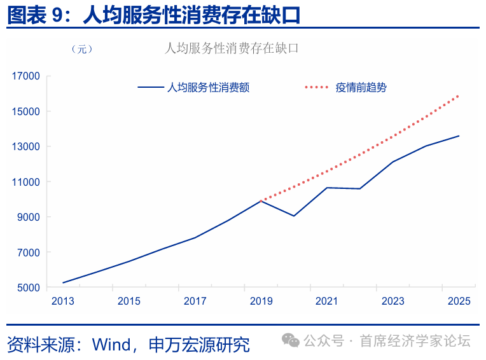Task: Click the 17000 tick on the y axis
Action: [x=25, y=76]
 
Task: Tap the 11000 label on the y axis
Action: [x=25, y=182]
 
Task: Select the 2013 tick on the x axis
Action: [x=64, y=301]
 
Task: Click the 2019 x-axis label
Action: [x=261, y=301]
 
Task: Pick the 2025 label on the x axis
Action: [x=459, y=301]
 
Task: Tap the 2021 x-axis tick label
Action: [x=327, y=301]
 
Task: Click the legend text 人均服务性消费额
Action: [x=208, y=88]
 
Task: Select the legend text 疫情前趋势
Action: [x=361, y=88]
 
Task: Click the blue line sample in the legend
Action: [x=150, y=88]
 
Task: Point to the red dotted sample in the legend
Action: [x=317, y=88]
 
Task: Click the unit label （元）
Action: [x=82, y=49]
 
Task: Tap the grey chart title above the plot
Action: [x=232, y=48]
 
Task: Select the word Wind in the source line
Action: [x=111, y=344]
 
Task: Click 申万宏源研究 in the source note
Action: [x=198, y=344]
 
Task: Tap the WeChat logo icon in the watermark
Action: [x=291, y=341]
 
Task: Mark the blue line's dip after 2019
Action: [x=293, y=216]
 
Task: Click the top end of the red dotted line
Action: [x=458, y=96]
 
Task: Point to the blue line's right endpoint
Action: [x=459, y=135]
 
